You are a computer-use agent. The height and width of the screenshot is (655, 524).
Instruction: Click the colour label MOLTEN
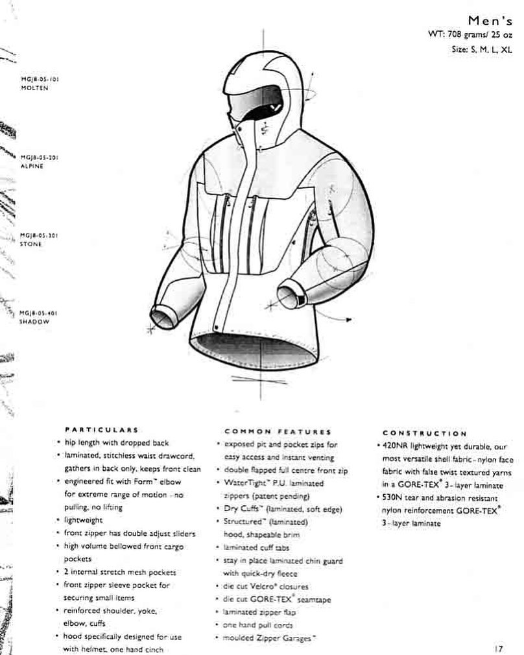(x=34, y=88)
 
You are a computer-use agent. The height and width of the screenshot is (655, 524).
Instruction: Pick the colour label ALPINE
(x=32, y=166)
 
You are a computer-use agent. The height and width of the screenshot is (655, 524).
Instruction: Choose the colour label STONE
(x=31, y=244)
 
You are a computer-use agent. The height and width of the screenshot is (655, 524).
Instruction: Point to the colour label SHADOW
(x=34, y=321)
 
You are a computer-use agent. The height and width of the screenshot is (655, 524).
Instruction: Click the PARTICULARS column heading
(x=101, y=429)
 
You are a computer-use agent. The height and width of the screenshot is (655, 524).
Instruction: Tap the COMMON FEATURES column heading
(x=278, y=431)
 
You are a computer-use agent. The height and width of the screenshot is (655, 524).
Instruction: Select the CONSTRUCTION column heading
(x=424, y=433)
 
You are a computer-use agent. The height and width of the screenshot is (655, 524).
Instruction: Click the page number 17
(x=498, y=647)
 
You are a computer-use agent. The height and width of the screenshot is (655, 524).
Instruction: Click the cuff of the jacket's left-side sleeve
(x=163, y=318)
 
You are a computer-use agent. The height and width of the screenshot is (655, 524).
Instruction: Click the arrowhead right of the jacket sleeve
(x=349, y=319)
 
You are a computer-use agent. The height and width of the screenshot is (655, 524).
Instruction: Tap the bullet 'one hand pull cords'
(x=258, y=625)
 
